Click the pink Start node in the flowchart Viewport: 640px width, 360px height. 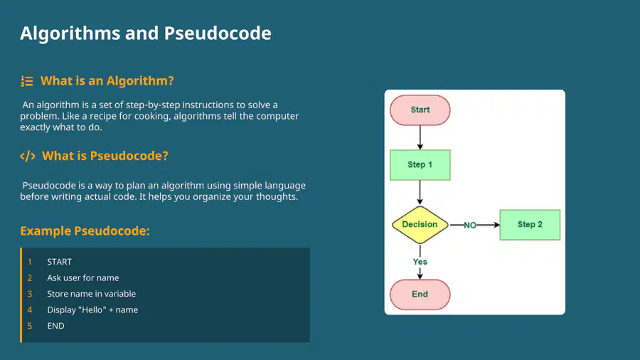(x=420, y=110)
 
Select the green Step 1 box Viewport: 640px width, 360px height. (x=420, y=165)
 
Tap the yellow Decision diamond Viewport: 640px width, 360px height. (x=420, y=225)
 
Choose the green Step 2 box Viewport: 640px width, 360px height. (x=530, y=225)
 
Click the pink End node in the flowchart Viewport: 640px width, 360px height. (x=420, y=295)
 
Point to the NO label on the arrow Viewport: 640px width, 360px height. (x=470, y=226)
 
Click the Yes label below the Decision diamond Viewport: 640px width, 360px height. (x=420, y=262)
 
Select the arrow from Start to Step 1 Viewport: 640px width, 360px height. (x=420, y=137)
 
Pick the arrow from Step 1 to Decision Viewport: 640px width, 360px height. (x=420, y=193)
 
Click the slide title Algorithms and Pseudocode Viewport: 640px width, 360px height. (x=146, y=33)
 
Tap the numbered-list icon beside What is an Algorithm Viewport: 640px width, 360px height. (x=27, y=81)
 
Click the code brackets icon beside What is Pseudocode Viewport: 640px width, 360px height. (x=28, y=157)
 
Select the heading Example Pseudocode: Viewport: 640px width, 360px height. (x=85, y=231)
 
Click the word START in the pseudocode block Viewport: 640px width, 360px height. (x=59, y=262)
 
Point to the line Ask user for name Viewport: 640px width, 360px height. (x=83, y=278)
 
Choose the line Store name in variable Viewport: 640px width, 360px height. (x=92, y=294)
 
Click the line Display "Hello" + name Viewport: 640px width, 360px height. (x=92, y=309)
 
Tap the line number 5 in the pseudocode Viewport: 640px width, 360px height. (x=29, y=326)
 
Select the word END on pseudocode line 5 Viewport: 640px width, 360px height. (x=55, y=326)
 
